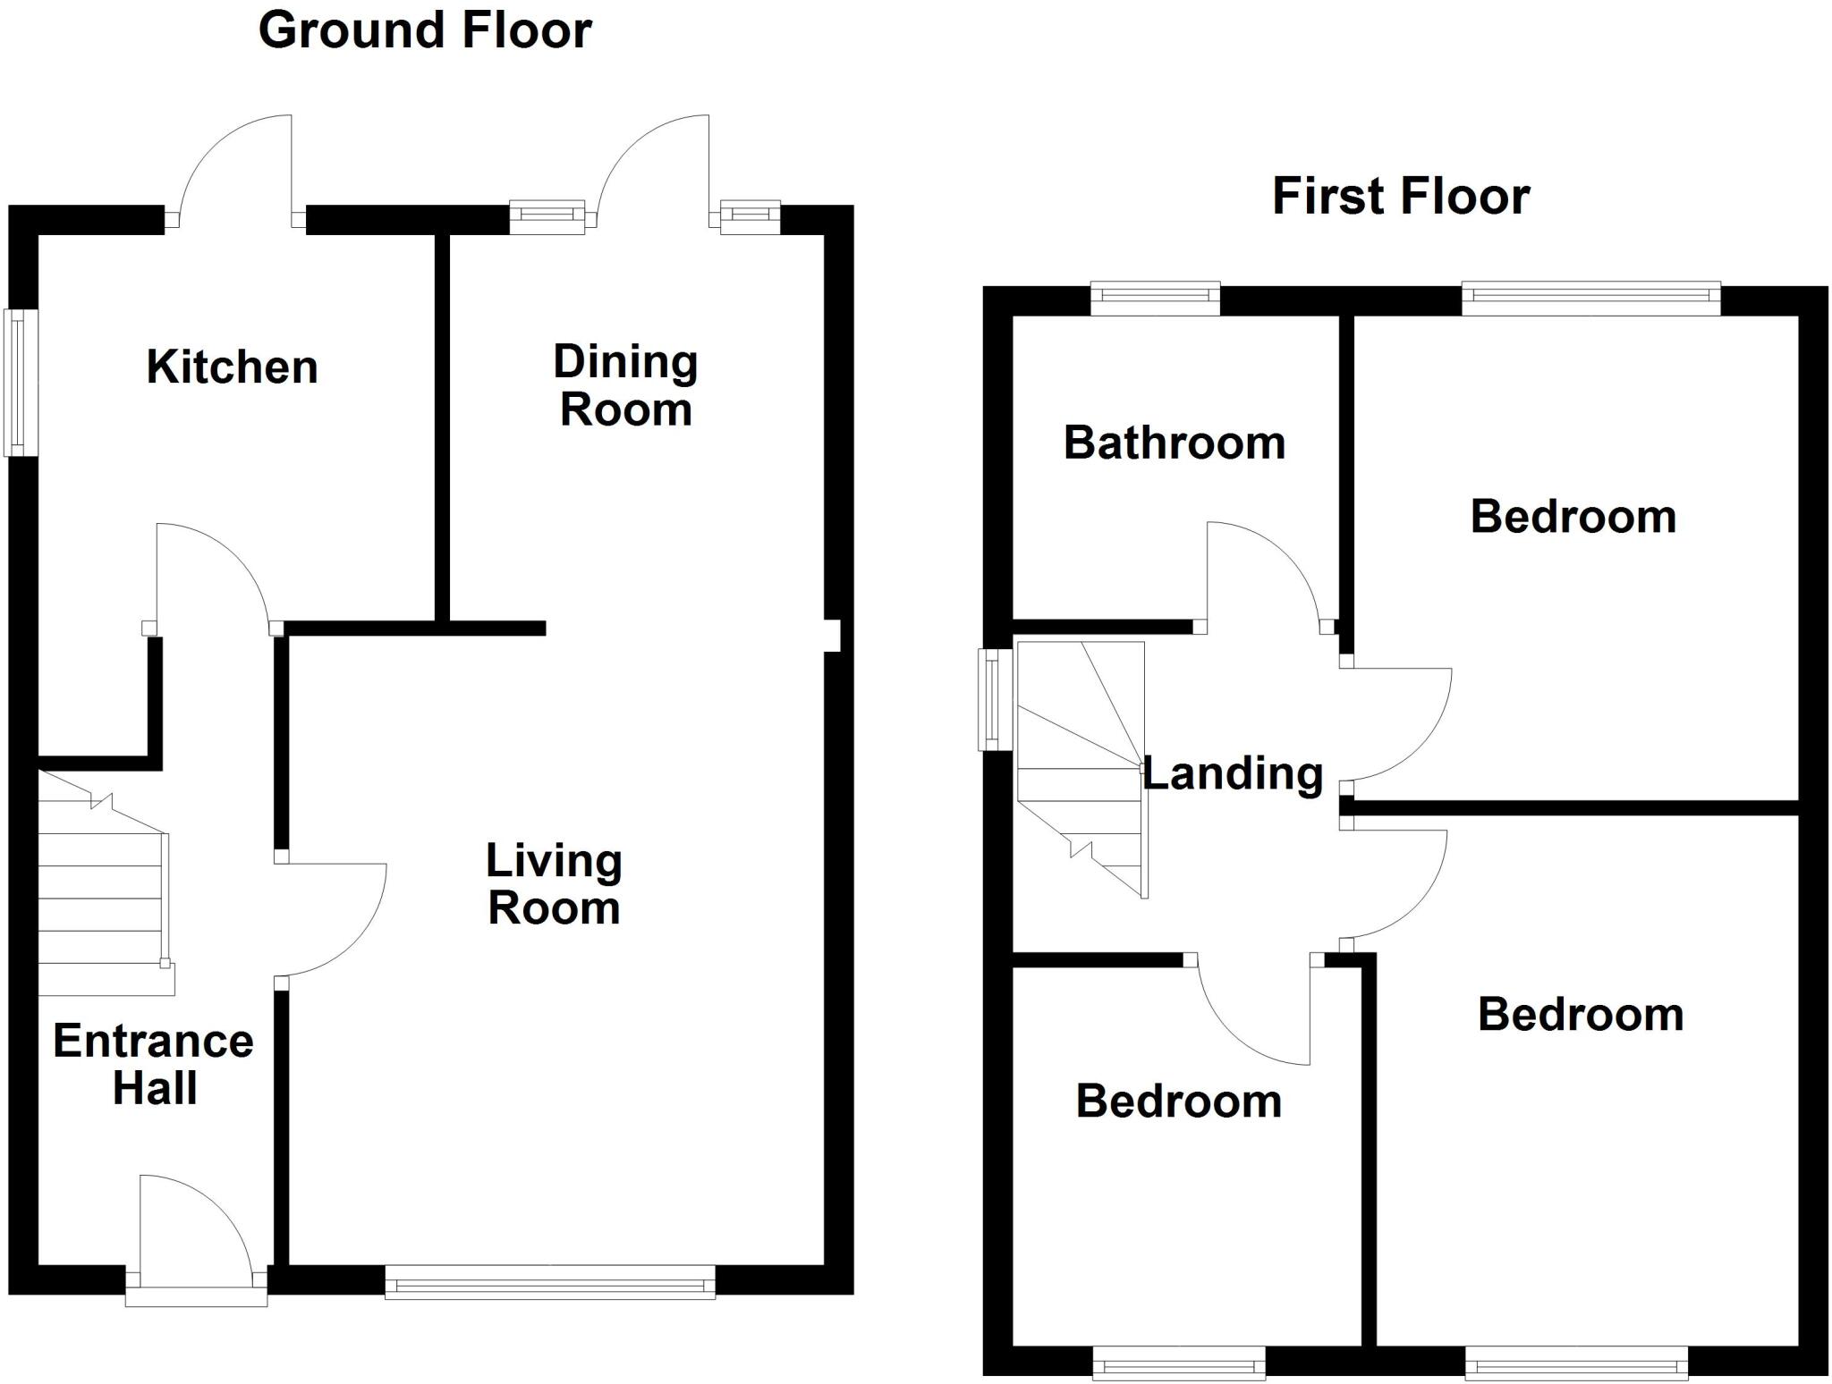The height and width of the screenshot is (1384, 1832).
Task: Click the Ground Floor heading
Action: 425,30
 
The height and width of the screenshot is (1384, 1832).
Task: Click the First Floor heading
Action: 1401,197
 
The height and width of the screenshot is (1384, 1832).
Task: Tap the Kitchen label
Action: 233,367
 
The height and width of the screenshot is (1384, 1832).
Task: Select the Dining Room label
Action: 625,385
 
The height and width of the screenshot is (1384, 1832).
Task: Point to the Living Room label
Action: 554,884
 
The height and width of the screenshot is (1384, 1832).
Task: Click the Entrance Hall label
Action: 154,1064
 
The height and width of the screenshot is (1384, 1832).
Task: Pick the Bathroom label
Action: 1175,443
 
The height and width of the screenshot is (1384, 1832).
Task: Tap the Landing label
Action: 1233,773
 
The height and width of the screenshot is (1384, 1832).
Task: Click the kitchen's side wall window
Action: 21,383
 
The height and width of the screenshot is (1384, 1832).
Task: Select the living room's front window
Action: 550,1282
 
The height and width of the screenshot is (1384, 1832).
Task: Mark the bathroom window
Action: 1155,299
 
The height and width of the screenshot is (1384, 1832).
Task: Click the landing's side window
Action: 994,699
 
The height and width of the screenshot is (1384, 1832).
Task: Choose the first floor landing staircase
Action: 1082,769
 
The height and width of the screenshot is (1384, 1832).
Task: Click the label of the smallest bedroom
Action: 1179,1101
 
